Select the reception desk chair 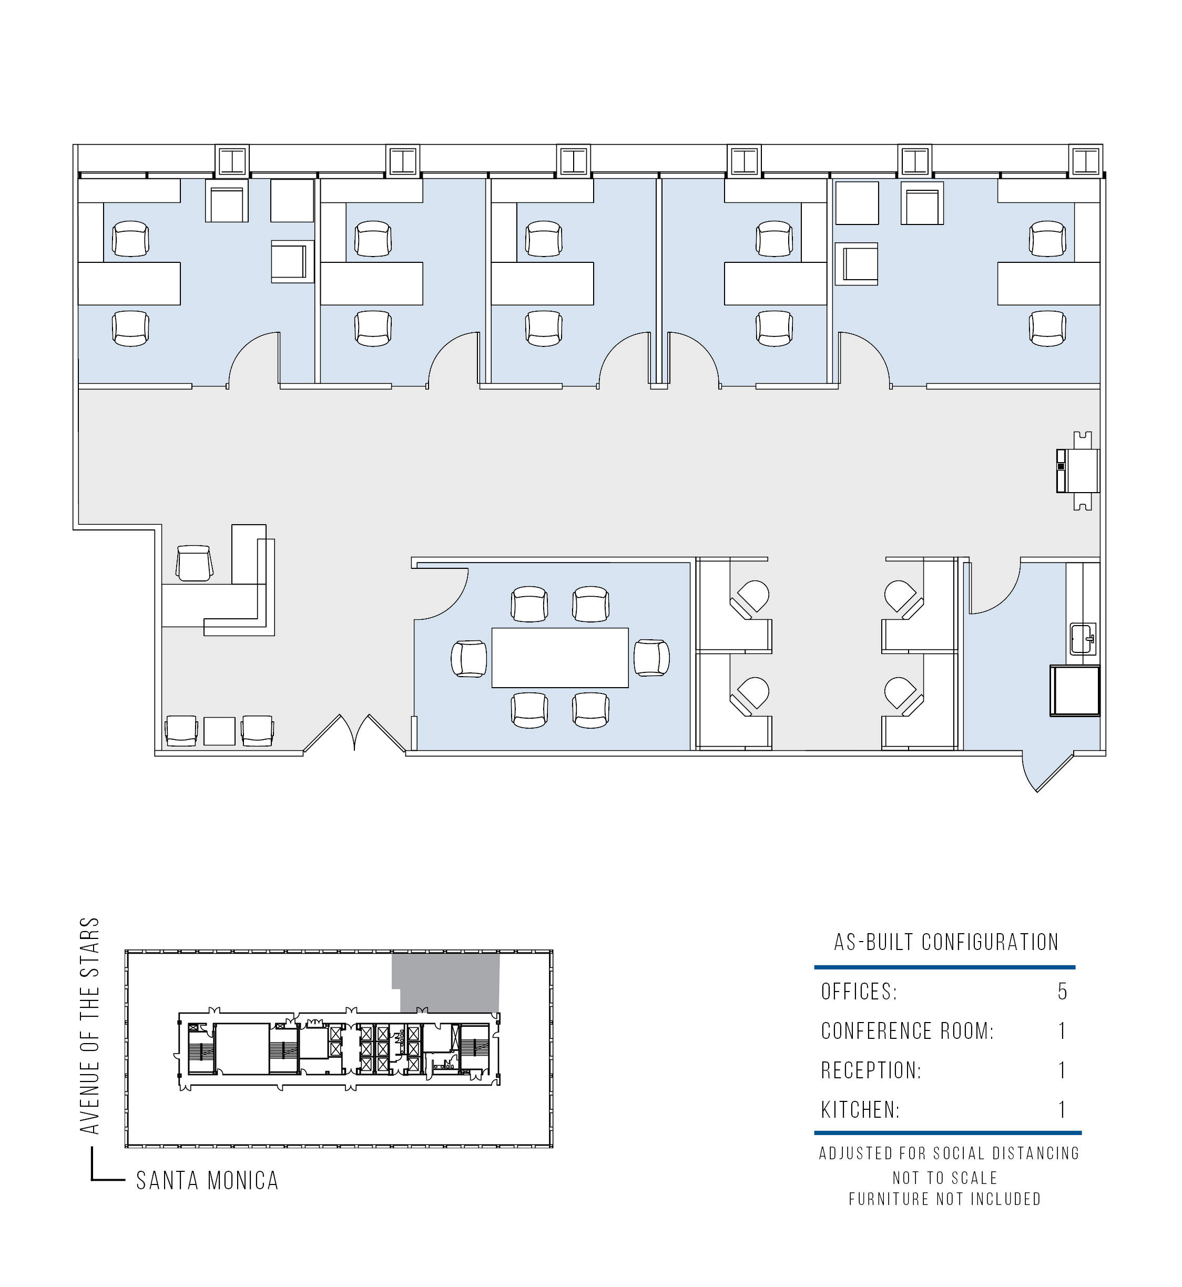tap(194, 563)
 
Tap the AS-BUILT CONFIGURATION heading tap(946, 942)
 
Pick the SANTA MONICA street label tap(207, 1181)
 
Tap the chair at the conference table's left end tap(469, 658)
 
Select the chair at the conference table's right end tap(652, 658)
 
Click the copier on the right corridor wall tap(1078, 471)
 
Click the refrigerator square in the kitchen tap(1075, 690)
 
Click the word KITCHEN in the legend tap(860, 1110)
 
